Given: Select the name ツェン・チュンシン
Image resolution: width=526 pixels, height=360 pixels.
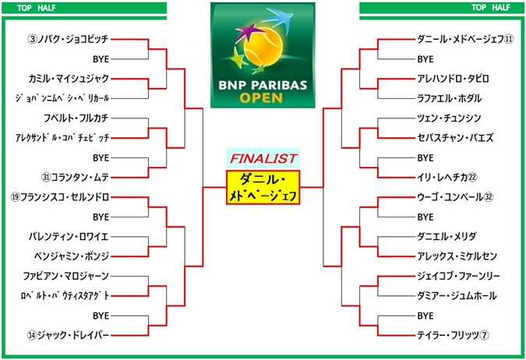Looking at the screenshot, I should (449, 118).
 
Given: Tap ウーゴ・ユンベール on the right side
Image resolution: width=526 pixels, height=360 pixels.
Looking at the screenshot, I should (455, 196).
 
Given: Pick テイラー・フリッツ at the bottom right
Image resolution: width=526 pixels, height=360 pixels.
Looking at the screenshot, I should (452, 335).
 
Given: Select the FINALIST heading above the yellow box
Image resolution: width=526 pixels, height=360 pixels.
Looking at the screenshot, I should (263, 158).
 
